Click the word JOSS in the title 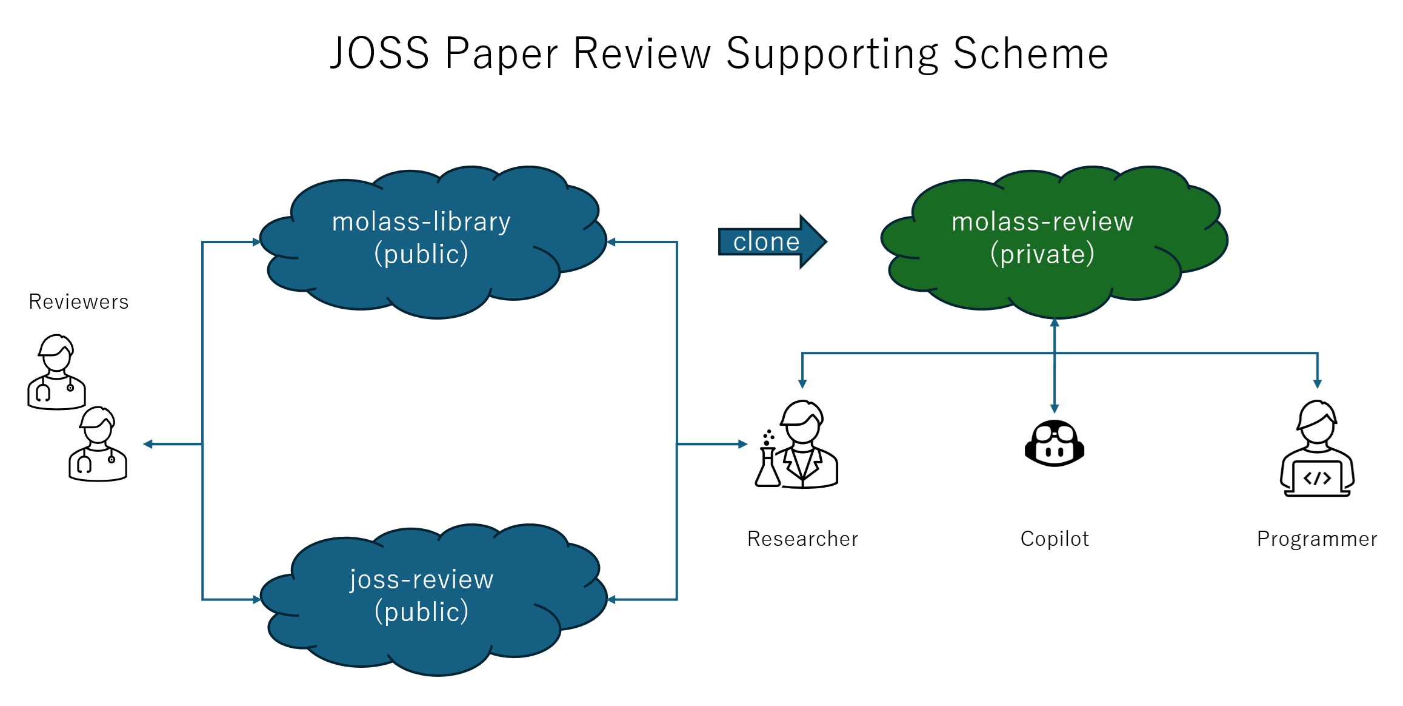379,53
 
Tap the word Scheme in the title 1030,53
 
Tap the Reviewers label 79,301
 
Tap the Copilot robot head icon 1054,443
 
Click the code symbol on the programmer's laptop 1317,478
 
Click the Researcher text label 802,539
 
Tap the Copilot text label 1055,539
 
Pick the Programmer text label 1317,539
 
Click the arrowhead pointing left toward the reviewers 148,444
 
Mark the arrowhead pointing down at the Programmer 1317,383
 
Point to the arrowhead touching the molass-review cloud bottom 1055,323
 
